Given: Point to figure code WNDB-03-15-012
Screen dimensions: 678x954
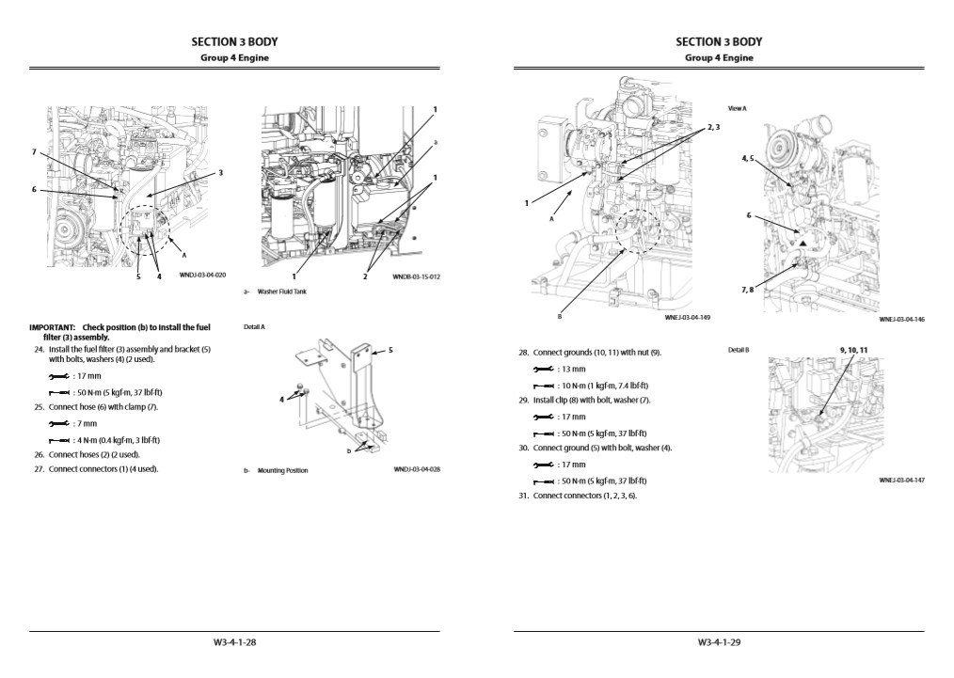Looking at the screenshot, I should [x=418, y=276].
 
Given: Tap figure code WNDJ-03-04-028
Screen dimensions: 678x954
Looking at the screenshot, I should [x=418, y=469].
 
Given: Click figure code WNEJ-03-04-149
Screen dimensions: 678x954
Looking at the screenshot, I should [x=688, y=318].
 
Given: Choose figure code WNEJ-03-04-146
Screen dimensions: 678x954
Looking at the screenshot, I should [x=902, y=319].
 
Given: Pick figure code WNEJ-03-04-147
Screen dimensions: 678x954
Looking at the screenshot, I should [x=902, y=480].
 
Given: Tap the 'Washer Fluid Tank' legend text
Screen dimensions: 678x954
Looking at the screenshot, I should [x=281, y=292].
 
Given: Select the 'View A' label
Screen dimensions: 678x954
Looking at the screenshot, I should [x=737, y=109].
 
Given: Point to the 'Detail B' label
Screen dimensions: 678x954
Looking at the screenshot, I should [x=739, y=350].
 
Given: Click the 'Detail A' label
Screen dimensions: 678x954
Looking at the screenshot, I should [x=254, y=327].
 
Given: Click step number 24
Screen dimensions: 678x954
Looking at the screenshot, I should [x=39, y=349].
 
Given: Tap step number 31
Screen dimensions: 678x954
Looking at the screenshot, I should [x=523, y=496].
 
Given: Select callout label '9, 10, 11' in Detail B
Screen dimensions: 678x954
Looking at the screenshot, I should [x=852, y=350].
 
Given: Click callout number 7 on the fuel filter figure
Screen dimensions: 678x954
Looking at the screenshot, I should [x=34, y=151].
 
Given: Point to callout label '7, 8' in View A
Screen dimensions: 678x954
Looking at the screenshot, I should [x=747, y=290].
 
